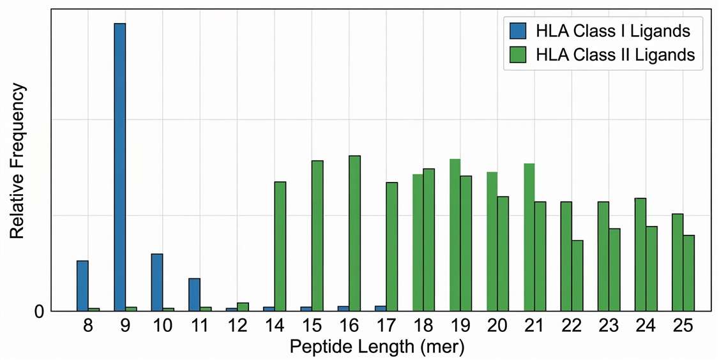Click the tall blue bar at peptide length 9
120,167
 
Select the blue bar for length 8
82,286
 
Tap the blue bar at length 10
157,282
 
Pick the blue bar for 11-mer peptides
194,294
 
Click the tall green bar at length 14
280,246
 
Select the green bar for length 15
317,236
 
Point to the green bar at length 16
354,233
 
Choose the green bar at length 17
392,246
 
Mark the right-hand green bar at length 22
577,276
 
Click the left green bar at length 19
455,235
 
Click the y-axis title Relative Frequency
17,161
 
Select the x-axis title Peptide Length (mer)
377,348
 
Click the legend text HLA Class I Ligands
612,31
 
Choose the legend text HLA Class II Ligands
616,55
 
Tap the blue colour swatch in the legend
518,31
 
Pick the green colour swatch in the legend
518,55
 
